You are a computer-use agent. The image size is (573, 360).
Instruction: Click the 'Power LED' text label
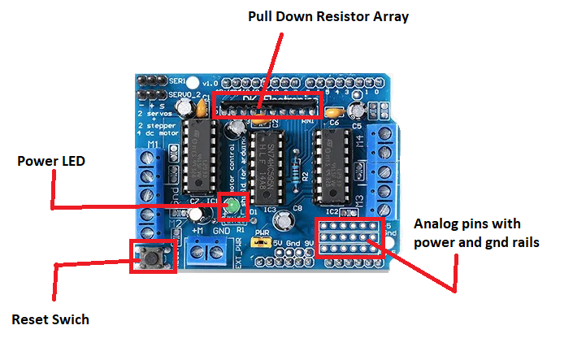(51, 161)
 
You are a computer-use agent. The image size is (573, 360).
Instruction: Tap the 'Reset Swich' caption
(50, 319)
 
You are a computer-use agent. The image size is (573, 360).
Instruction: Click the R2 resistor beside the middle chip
(305, 175)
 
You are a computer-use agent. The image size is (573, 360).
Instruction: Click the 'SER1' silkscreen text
(177, 82)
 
